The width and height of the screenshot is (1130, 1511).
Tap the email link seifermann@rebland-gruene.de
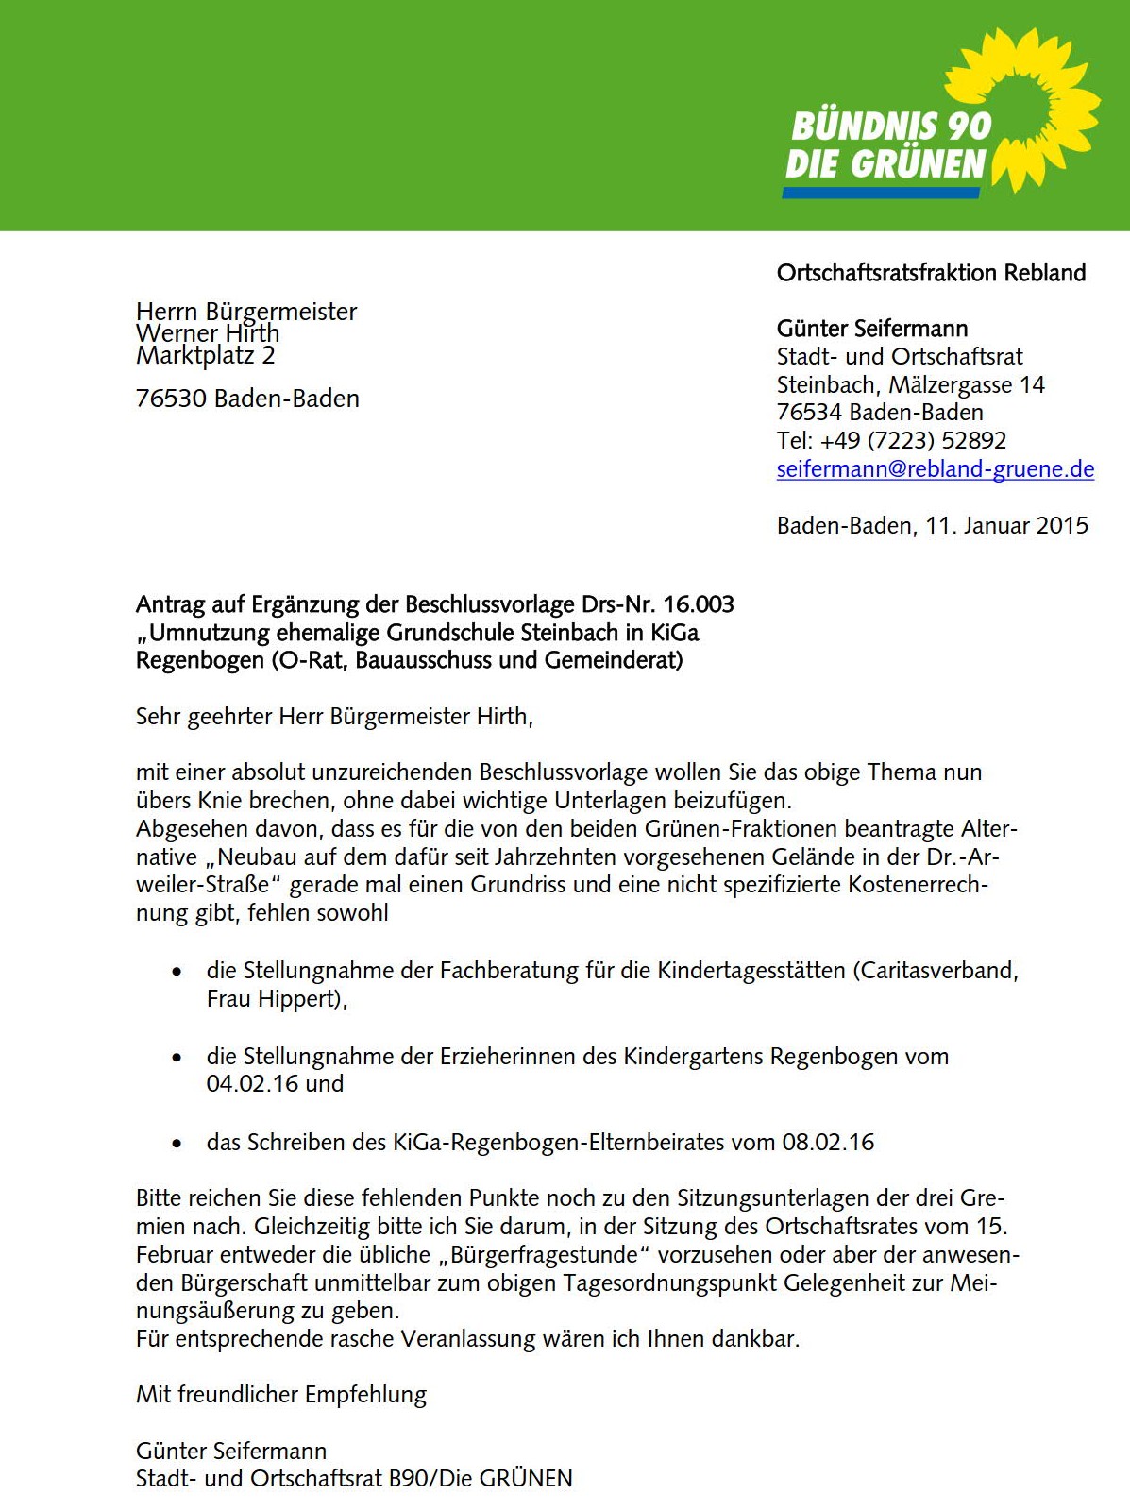click(x=935, y=469)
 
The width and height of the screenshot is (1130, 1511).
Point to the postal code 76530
click(x=171, y=399)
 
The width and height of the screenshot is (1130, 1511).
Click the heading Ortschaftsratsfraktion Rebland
click(x=931, y=273)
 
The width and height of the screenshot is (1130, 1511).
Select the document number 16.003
click(x=698, y=604)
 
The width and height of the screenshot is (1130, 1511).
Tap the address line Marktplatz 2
click(x=205, y=356)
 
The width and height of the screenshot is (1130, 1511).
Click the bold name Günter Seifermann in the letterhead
click(x=871, y=329)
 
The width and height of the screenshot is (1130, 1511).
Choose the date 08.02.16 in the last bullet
click(x=828, y=1143)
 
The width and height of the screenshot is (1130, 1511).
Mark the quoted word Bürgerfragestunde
click(x=545, y=1255)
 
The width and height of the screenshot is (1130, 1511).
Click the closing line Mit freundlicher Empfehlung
click(x=280, y=1395)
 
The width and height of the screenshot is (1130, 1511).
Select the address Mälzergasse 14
click(x=967, y=385)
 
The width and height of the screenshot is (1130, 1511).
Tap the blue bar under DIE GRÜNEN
click(x=881, y=193)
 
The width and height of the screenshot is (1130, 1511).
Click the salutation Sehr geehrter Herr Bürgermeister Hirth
click(x=334, y=717)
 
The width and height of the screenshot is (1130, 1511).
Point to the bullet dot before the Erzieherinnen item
click(x=177, y=1058)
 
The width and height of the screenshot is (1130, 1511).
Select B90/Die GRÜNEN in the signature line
click(x=481, y=1479)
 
